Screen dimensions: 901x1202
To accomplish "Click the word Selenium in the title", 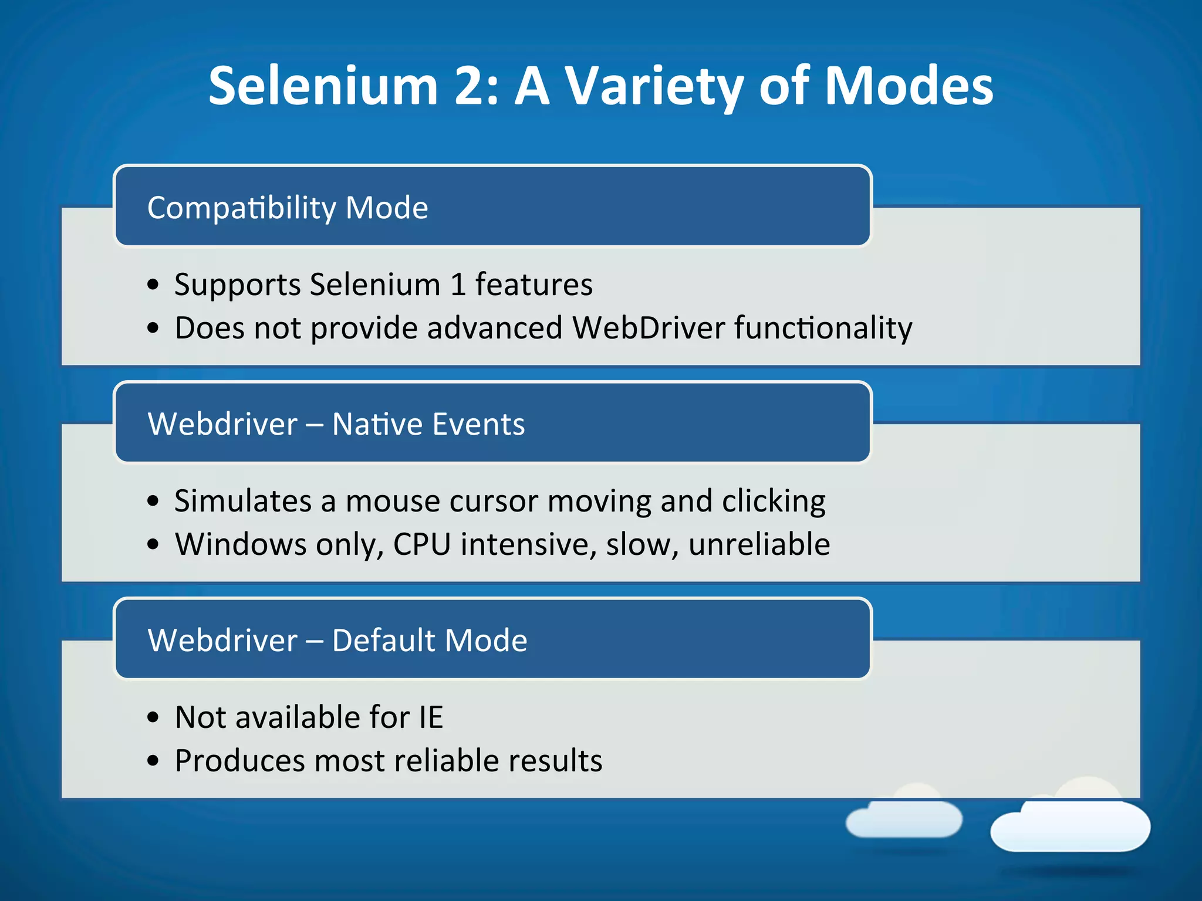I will (323, 87).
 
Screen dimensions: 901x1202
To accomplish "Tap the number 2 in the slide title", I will (472, 87).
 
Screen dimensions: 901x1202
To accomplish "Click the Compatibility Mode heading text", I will (288, 208).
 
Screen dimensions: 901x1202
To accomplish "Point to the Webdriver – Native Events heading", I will (336, 424).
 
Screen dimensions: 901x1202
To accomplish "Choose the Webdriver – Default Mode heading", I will (337, 640).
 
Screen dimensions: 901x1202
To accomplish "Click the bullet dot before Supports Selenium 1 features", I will (153, 285).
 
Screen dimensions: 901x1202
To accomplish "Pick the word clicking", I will (774, 502).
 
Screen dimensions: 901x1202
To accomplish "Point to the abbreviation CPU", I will (422, 544).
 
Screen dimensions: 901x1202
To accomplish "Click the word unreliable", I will (759, 544).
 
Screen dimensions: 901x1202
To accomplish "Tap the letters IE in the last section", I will (431, 717).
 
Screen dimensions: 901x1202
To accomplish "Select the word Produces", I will (239, 761).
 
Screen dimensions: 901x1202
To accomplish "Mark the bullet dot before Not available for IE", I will (153, 717).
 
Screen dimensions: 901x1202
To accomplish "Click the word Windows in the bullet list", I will (240, 544).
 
